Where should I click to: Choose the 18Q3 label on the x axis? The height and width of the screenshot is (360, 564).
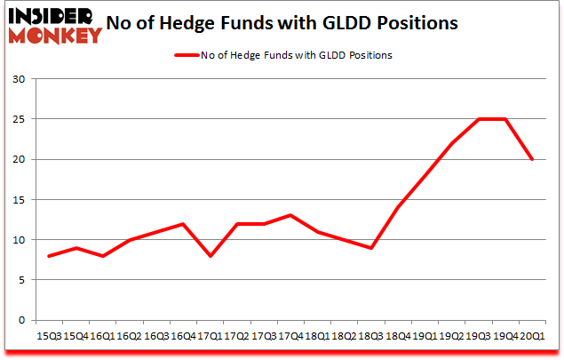pos(369,336)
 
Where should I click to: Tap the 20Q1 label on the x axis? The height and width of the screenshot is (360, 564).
pos(532,336)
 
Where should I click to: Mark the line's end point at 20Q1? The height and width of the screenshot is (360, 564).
pos(533,160)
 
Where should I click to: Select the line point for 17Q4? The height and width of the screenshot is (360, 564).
pos(290,215)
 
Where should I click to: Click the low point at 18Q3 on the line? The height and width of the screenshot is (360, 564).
pos(370,248)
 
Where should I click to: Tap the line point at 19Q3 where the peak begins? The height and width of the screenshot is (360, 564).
pos(479,119)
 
